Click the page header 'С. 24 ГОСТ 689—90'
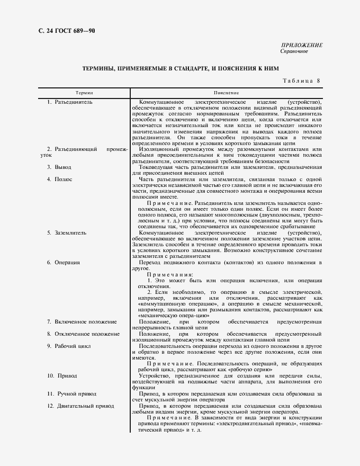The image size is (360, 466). (62, 30)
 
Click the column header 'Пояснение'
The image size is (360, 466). (227, 92)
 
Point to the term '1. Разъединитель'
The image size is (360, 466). (70, 101)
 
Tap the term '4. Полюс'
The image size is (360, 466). (59, 180)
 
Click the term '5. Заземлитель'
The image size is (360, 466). (67, 232)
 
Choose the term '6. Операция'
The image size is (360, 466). (64, 262)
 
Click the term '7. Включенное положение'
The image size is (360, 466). (81, 321)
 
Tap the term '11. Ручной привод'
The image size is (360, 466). (73, 394)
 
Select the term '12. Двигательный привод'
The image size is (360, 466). (80, 406)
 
